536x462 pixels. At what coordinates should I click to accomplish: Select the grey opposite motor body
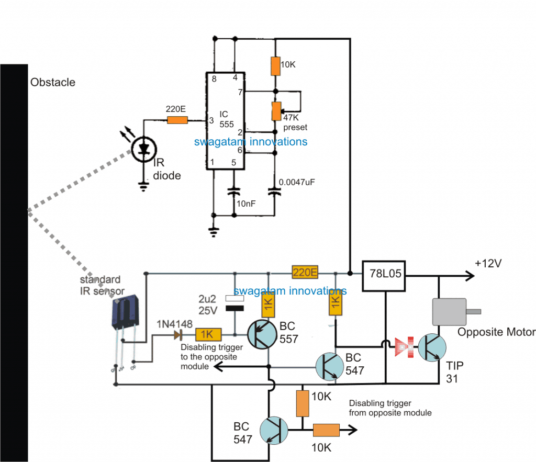pos(448,312)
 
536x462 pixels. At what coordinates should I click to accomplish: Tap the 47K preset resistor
pos(275,110)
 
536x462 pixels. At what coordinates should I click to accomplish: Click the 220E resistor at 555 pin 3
pos(177,120)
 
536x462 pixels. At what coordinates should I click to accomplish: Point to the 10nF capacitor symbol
pos(234,191)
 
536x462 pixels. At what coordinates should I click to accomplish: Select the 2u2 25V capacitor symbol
pos(234,303)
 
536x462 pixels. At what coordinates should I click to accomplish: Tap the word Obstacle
pos(52,82)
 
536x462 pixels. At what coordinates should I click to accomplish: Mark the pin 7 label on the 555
pos(241,93)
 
